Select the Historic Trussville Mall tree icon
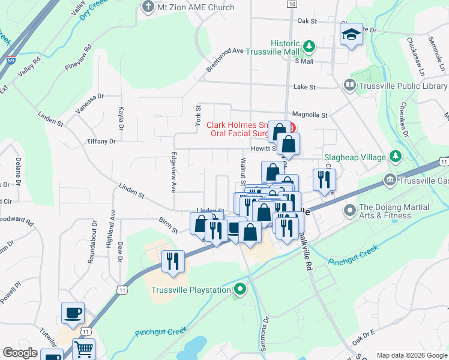point(309,46)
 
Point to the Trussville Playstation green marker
point(240,290)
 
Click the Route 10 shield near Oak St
point(292,4)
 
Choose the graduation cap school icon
point(351,35)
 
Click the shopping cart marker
point(84,349)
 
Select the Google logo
point(20,353)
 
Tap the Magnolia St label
point(310,115)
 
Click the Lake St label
point(304,87)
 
